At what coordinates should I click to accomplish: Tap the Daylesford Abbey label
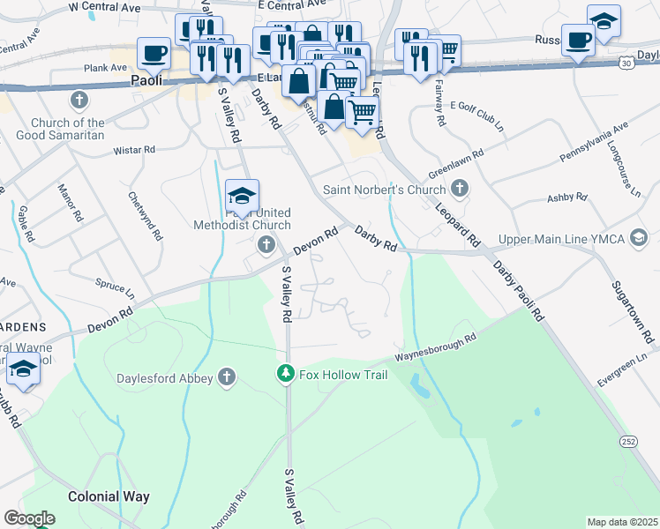(165, 378)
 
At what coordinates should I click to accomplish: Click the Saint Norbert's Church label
(385, 189)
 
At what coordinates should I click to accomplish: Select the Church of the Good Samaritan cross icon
(80, 100)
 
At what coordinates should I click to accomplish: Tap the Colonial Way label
(109, 496)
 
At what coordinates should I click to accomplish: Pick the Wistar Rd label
(134, 151)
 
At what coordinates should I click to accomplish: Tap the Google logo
(30, 518)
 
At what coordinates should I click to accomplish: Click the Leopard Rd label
(457, 224)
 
